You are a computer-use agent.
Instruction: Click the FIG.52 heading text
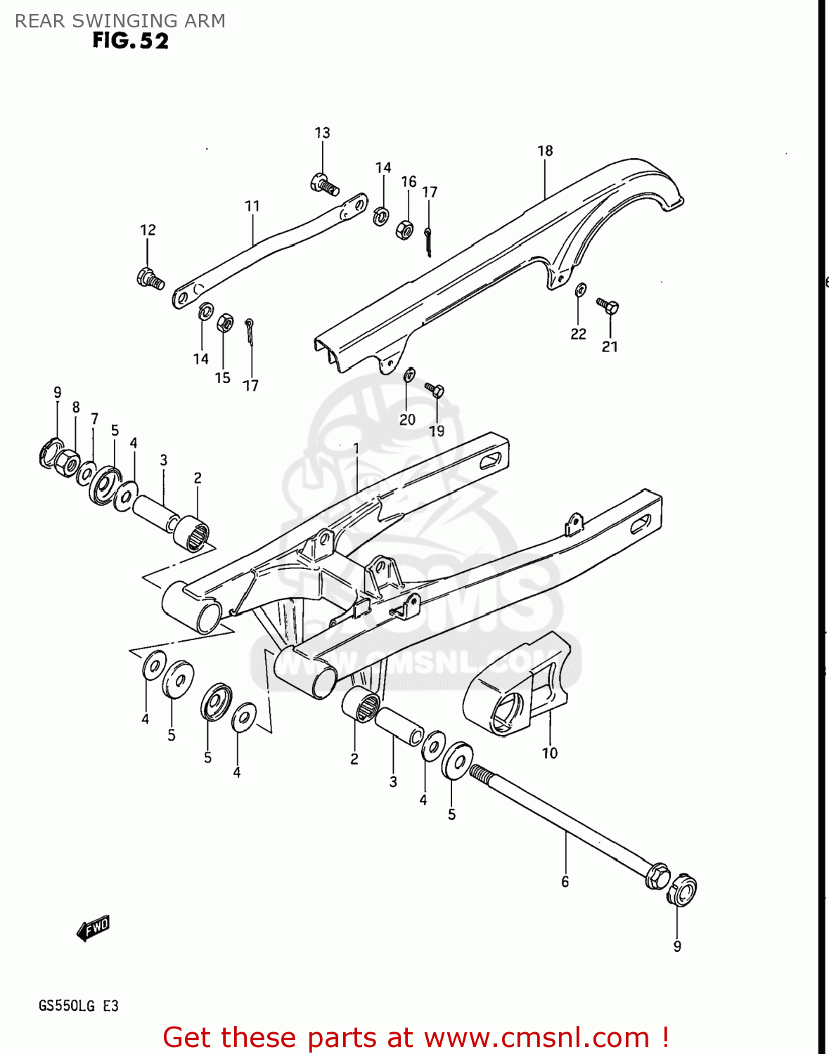point(131,41)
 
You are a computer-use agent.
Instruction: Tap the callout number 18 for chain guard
point(545,151)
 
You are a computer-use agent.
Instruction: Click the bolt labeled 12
point(150,278)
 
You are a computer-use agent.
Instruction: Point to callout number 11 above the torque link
point(252,206)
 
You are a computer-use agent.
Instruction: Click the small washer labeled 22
point(581,289)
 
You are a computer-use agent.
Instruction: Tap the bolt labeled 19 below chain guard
point(435,389)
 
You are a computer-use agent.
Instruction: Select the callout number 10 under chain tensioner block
point(549,753)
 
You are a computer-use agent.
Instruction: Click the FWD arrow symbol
point(94,928)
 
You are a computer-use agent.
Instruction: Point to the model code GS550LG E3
point(78,1006)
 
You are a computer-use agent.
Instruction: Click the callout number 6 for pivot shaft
point(565,882)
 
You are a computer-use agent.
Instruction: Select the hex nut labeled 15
point(224,323)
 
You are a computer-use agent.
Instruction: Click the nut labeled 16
point(404,229)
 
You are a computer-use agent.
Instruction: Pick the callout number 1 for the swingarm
point(356,448)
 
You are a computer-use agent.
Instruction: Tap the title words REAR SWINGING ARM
point(120,20)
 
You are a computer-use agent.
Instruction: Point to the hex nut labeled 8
point(66,462)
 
